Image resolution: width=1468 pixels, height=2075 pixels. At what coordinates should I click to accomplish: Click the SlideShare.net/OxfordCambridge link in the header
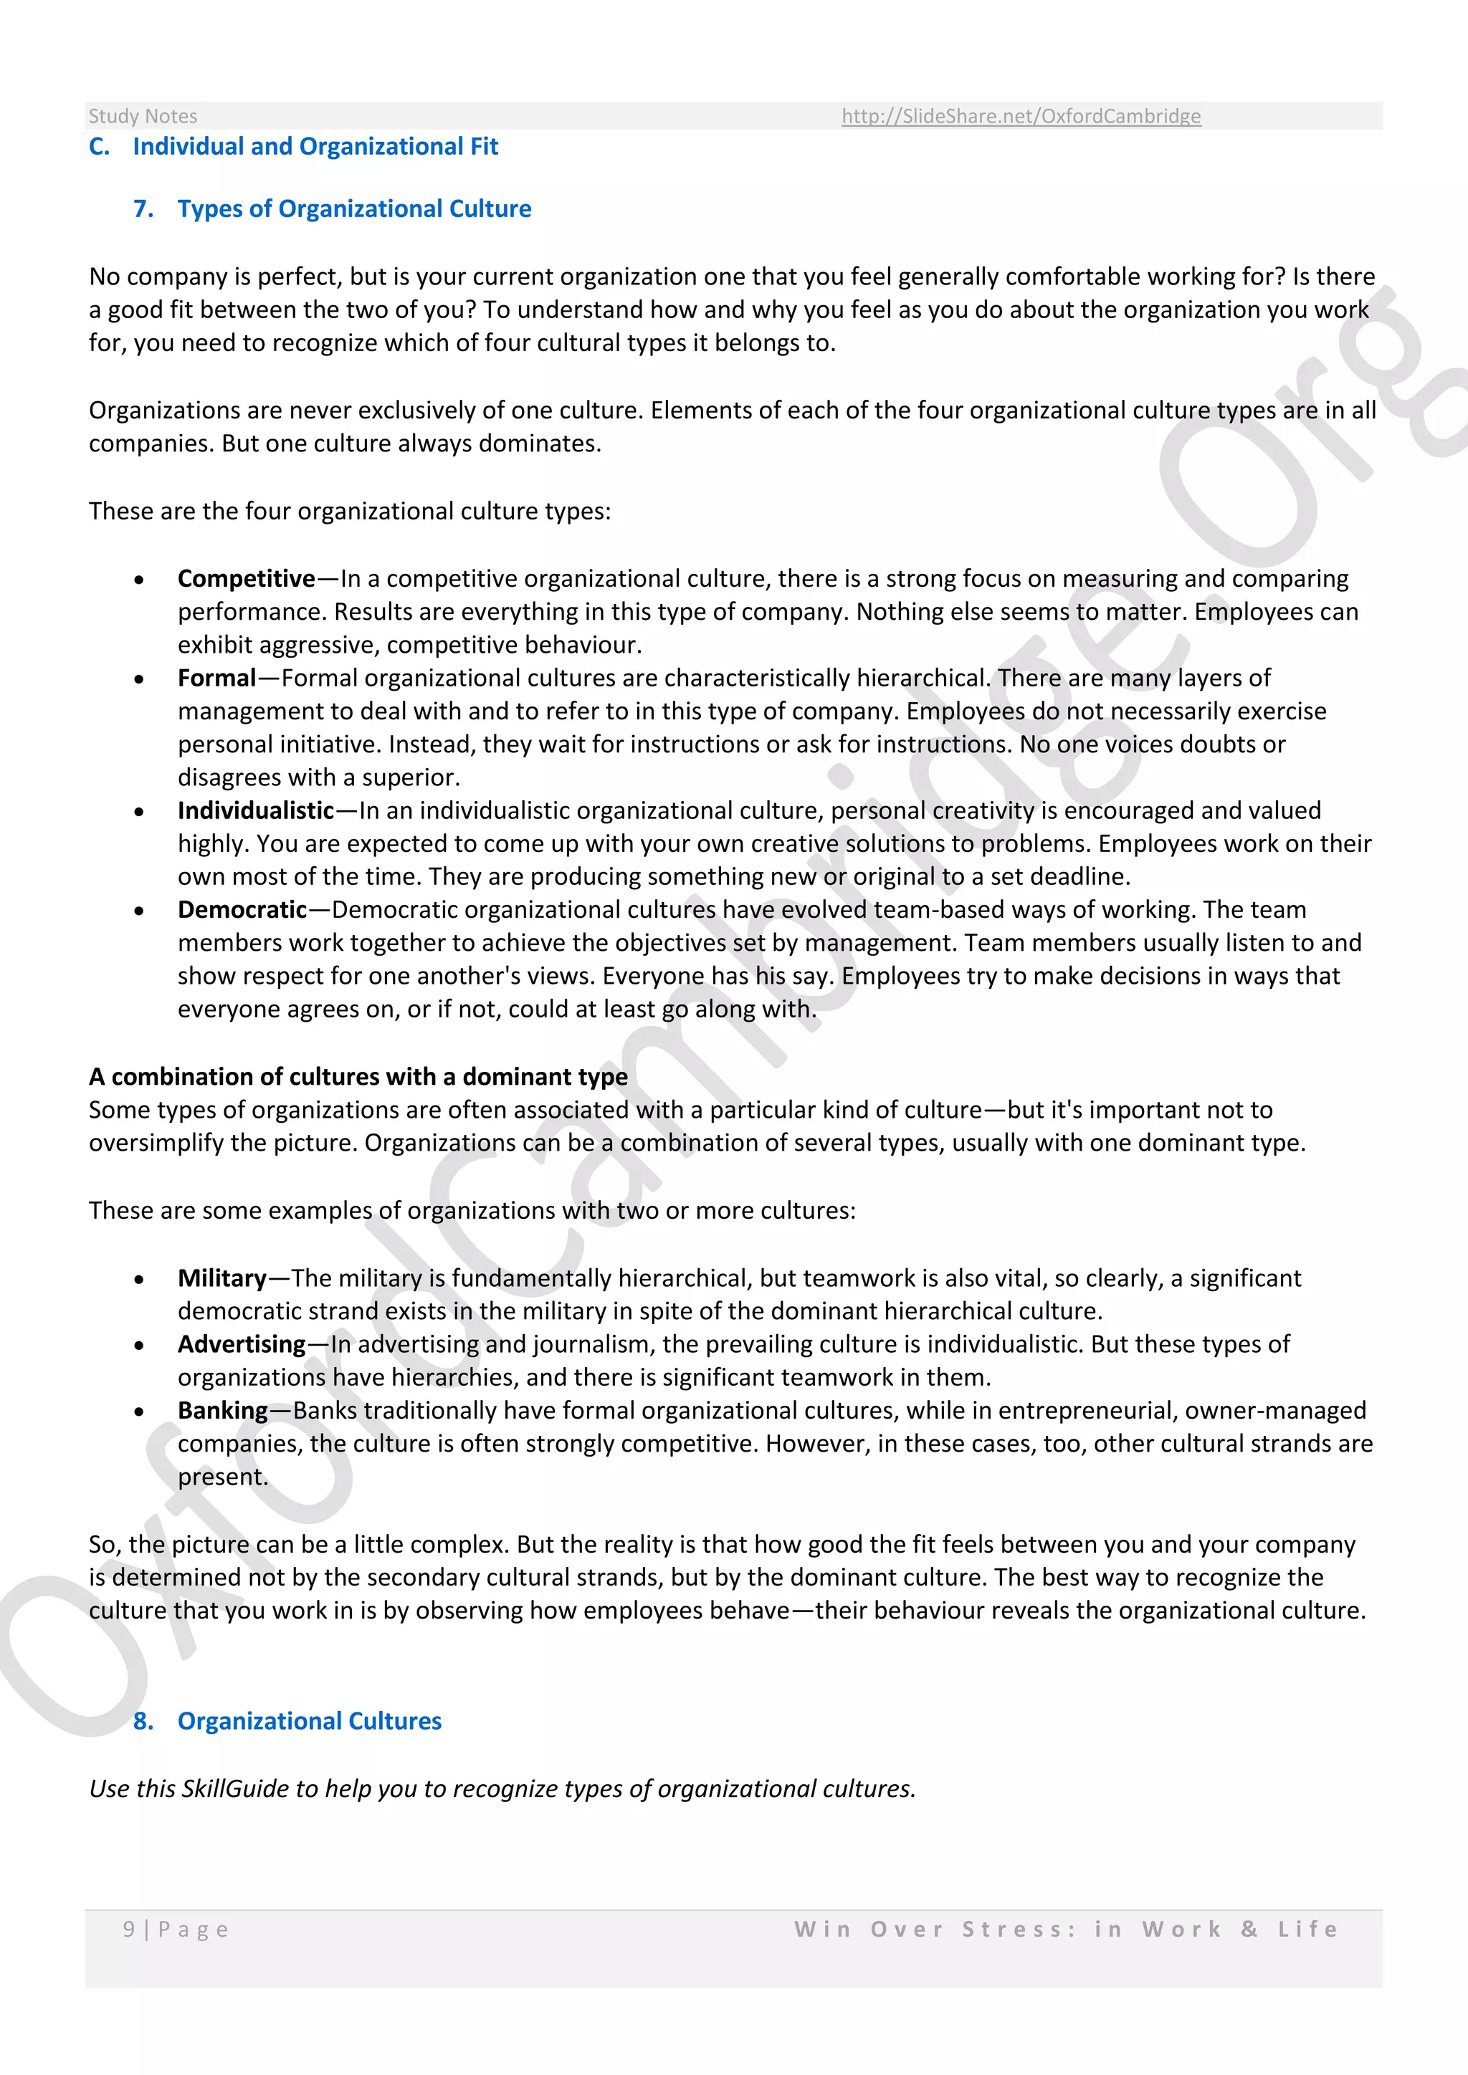[1021, 115]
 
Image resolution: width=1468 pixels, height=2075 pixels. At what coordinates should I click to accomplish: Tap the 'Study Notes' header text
[143, 115]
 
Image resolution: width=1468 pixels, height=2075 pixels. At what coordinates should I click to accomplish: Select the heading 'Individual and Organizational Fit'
[315, 146]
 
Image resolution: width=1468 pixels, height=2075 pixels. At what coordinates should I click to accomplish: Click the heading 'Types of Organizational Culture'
[353, 209]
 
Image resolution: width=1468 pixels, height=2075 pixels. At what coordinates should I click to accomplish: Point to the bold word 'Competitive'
[246, 578]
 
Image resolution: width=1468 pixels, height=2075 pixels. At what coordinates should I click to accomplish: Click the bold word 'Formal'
[217, 678]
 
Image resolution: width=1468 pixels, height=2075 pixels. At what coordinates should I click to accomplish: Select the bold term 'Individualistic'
[256, 810]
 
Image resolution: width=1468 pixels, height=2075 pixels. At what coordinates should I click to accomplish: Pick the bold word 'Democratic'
[242, 910]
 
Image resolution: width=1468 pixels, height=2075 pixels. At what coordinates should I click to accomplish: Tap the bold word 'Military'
[221, 1278]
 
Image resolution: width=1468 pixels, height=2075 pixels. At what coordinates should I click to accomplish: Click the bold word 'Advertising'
[242, 1345]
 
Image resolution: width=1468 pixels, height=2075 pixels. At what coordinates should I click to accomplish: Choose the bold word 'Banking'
[222, 1411]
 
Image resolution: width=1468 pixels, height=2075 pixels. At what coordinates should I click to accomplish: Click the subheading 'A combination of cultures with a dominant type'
[358, 1076]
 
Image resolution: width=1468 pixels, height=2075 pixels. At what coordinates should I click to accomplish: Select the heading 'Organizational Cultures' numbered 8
[309, 1721]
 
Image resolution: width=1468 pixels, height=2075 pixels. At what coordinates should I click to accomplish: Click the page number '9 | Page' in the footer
[176, 1930]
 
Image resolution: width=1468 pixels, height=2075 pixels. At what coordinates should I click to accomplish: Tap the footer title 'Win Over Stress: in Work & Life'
[1066, 1930]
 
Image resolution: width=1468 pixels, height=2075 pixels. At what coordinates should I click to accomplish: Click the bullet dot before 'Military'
[138, 1280]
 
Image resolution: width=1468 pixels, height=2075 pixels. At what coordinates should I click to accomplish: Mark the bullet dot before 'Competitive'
[138, 580]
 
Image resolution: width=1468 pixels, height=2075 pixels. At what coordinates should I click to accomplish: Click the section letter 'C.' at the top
[100, 146]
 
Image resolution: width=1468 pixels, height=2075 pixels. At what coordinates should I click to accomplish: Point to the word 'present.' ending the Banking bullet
[222, 1477]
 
